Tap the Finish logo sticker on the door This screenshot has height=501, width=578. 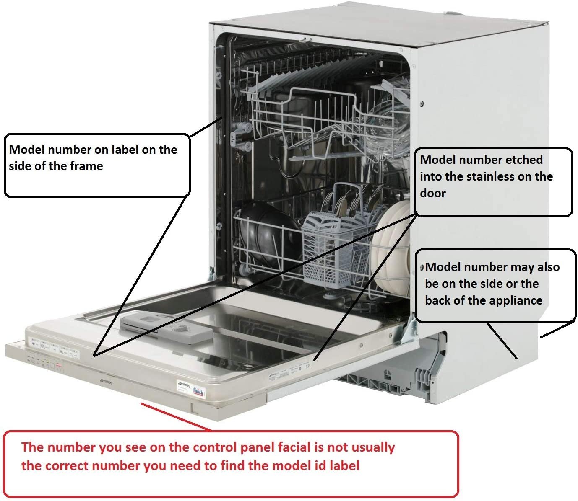198,392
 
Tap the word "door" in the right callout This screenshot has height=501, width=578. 432,193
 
